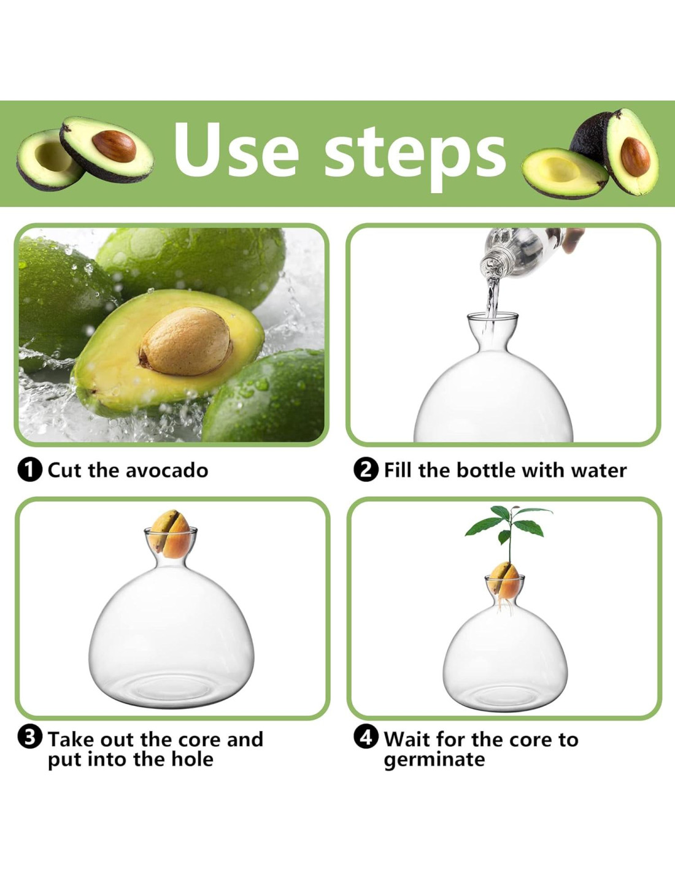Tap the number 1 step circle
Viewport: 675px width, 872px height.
[x=29, y=470]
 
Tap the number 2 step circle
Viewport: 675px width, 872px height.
[x=366, y=470]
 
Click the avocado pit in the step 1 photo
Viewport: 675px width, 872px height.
[x=186, y=342]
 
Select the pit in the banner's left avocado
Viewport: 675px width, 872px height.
[x=114, y=146]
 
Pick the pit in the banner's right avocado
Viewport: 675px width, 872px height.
[x=635, y=156]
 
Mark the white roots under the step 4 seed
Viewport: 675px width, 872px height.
[x=505, y=607]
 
